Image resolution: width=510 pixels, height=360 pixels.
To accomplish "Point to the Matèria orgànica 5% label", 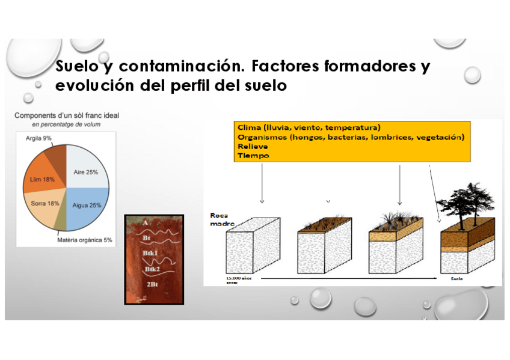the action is click(85, 240).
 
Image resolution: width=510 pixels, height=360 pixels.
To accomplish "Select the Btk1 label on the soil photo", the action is click(150, 254).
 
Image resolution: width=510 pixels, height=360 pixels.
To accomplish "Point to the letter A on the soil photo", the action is click(145, 222).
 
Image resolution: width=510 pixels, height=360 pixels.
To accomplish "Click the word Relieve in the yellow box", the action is click(253, 146).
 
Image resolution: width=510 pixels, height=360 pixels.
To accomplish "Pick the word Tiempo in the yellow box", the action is click(253, 156).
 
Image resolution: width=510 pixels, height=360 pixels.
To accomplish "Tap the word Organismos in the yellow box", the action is click(262, 137).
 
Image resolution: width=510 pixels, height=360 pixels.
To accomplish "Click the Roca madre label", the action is click(218, 219).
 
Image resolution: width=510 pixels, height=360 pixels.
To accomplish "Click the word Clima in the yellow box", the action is click(249, 128).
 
